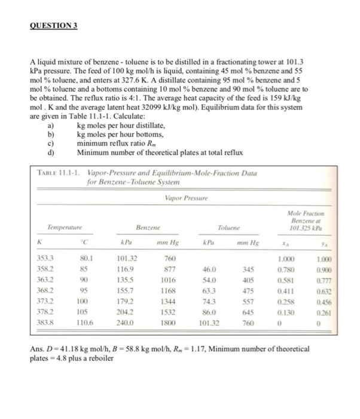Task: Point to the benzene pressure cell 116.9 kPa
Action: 137,269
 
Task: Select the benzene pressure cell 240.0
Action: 137,321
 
